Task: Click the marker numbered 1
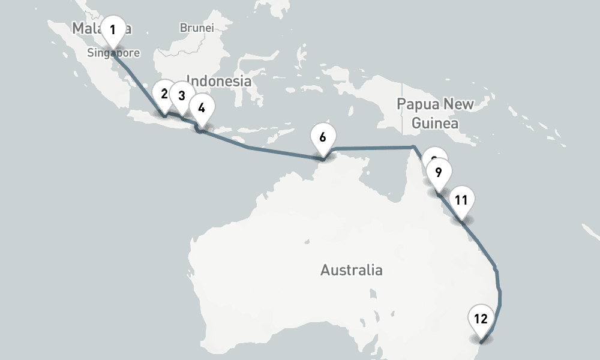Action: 112,29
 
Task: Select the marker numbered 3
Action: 181,95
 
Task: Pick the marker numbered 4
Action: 201,108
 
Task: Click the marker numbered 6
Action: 323,137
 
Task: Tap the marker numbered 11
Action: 461,200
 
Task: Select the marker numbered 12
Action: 481,319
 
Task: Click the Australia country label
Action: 351,270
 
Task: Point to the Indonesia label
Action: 218,80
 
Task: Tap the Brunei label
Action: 196,28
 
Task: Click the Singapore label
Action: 113,53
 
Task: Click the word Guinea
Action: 434,124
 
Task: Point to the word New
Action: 457,104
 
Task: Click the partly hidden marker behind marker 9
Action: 431,157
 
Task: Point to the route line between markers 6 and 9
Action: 372,147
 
